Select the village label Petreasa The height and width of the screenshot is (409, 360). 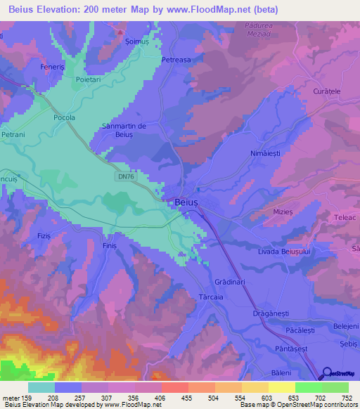click(x=176, y=60)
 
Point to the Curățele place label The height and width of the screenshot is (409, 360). click(x=327, y=91)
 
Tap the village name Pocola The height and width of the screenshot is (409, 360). click(x=64, y=118)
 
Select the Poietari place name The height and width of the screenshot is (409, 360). click(x=79, y=81)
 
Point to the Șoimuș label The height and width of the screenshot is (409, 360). click(x=136, y=42)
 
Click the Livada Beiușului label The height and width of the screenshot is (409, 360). click(x=284, y=251)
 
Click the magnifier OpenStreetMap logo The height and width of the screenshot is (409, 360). click(x=326, y=374)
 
